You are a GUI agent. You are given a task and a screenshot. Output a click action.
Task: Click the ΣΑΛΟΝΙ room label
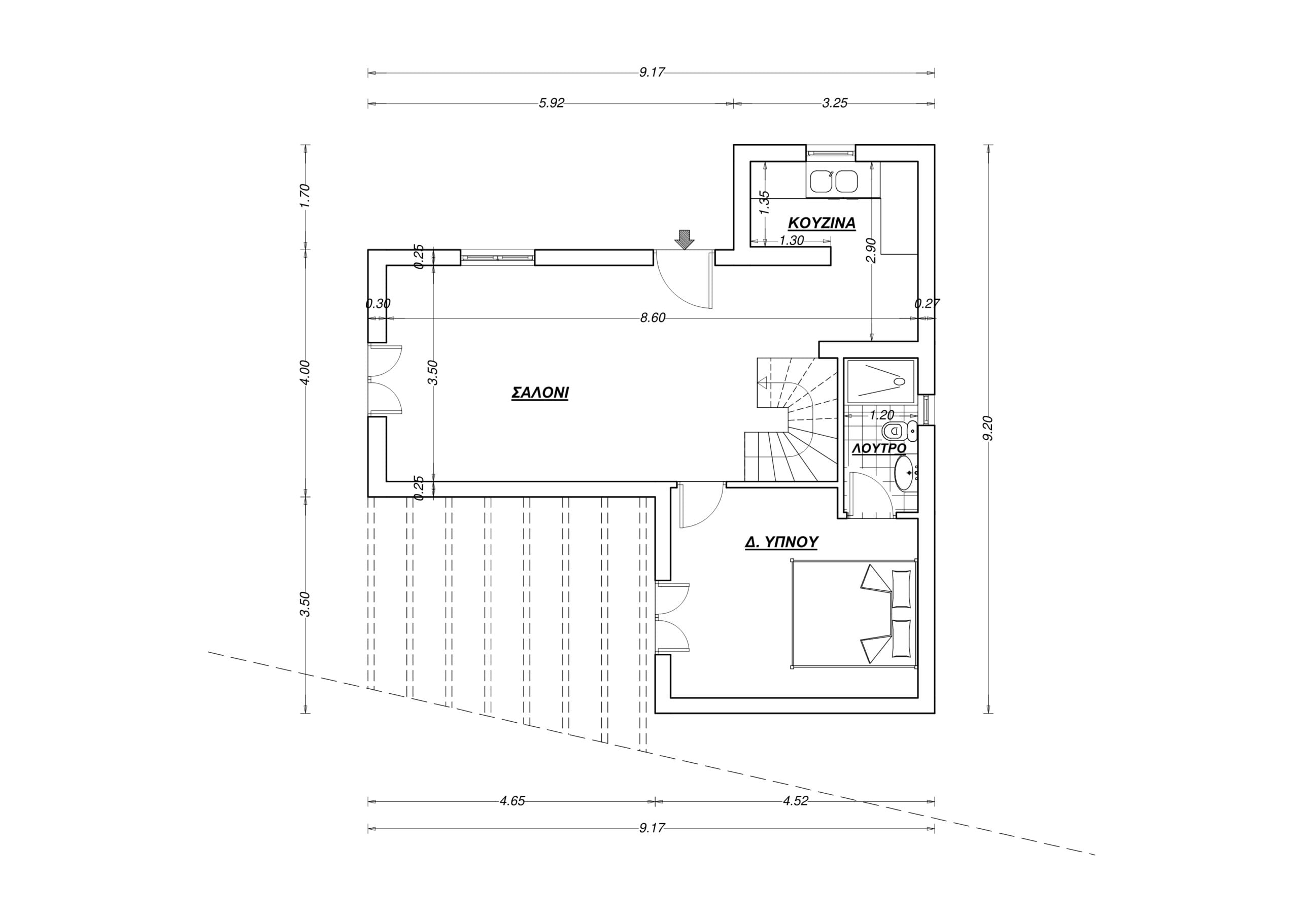pos(540,393)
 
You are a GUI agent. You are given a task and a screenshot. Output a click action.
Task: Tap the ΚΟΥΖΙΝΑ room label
pos(822,223)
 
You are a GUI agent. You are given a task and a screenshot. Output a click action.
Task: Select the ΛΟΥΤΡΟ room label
pos(879,448)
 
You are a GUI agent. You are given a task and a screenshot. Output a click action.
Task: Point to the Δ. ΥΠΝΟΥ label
pos(781,542)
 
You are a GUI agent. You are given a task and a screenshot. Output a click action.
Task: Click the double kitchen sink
pos(833,182)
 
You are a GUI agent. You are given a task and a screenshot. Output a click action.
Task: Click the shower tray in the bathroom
pos(880,381)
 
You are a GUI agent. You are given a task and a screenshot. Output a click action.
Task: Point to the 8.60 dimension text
pos(653,318)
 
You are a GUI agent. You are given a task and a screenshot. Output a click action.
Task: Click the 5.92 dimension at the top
pos(551,103)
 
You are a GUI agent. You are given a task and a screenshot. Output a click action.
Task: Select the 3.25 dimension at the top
pos(835,103)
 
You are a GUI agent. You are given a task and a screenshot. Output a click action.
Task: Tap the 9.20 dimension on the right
pos(988,428)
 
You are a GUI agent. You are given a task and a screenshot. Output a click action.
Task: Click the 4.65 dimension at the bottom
pos(512,801)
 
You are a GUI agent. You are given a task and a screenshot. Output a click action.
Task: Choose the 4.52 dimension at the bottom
pos(796,801)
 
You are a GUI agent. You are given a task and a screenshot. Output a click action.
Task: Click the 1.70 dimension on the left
pos(305,196)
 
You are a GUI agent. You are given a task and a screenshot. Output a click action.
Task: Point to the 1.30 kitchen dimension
pos(792,240)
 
